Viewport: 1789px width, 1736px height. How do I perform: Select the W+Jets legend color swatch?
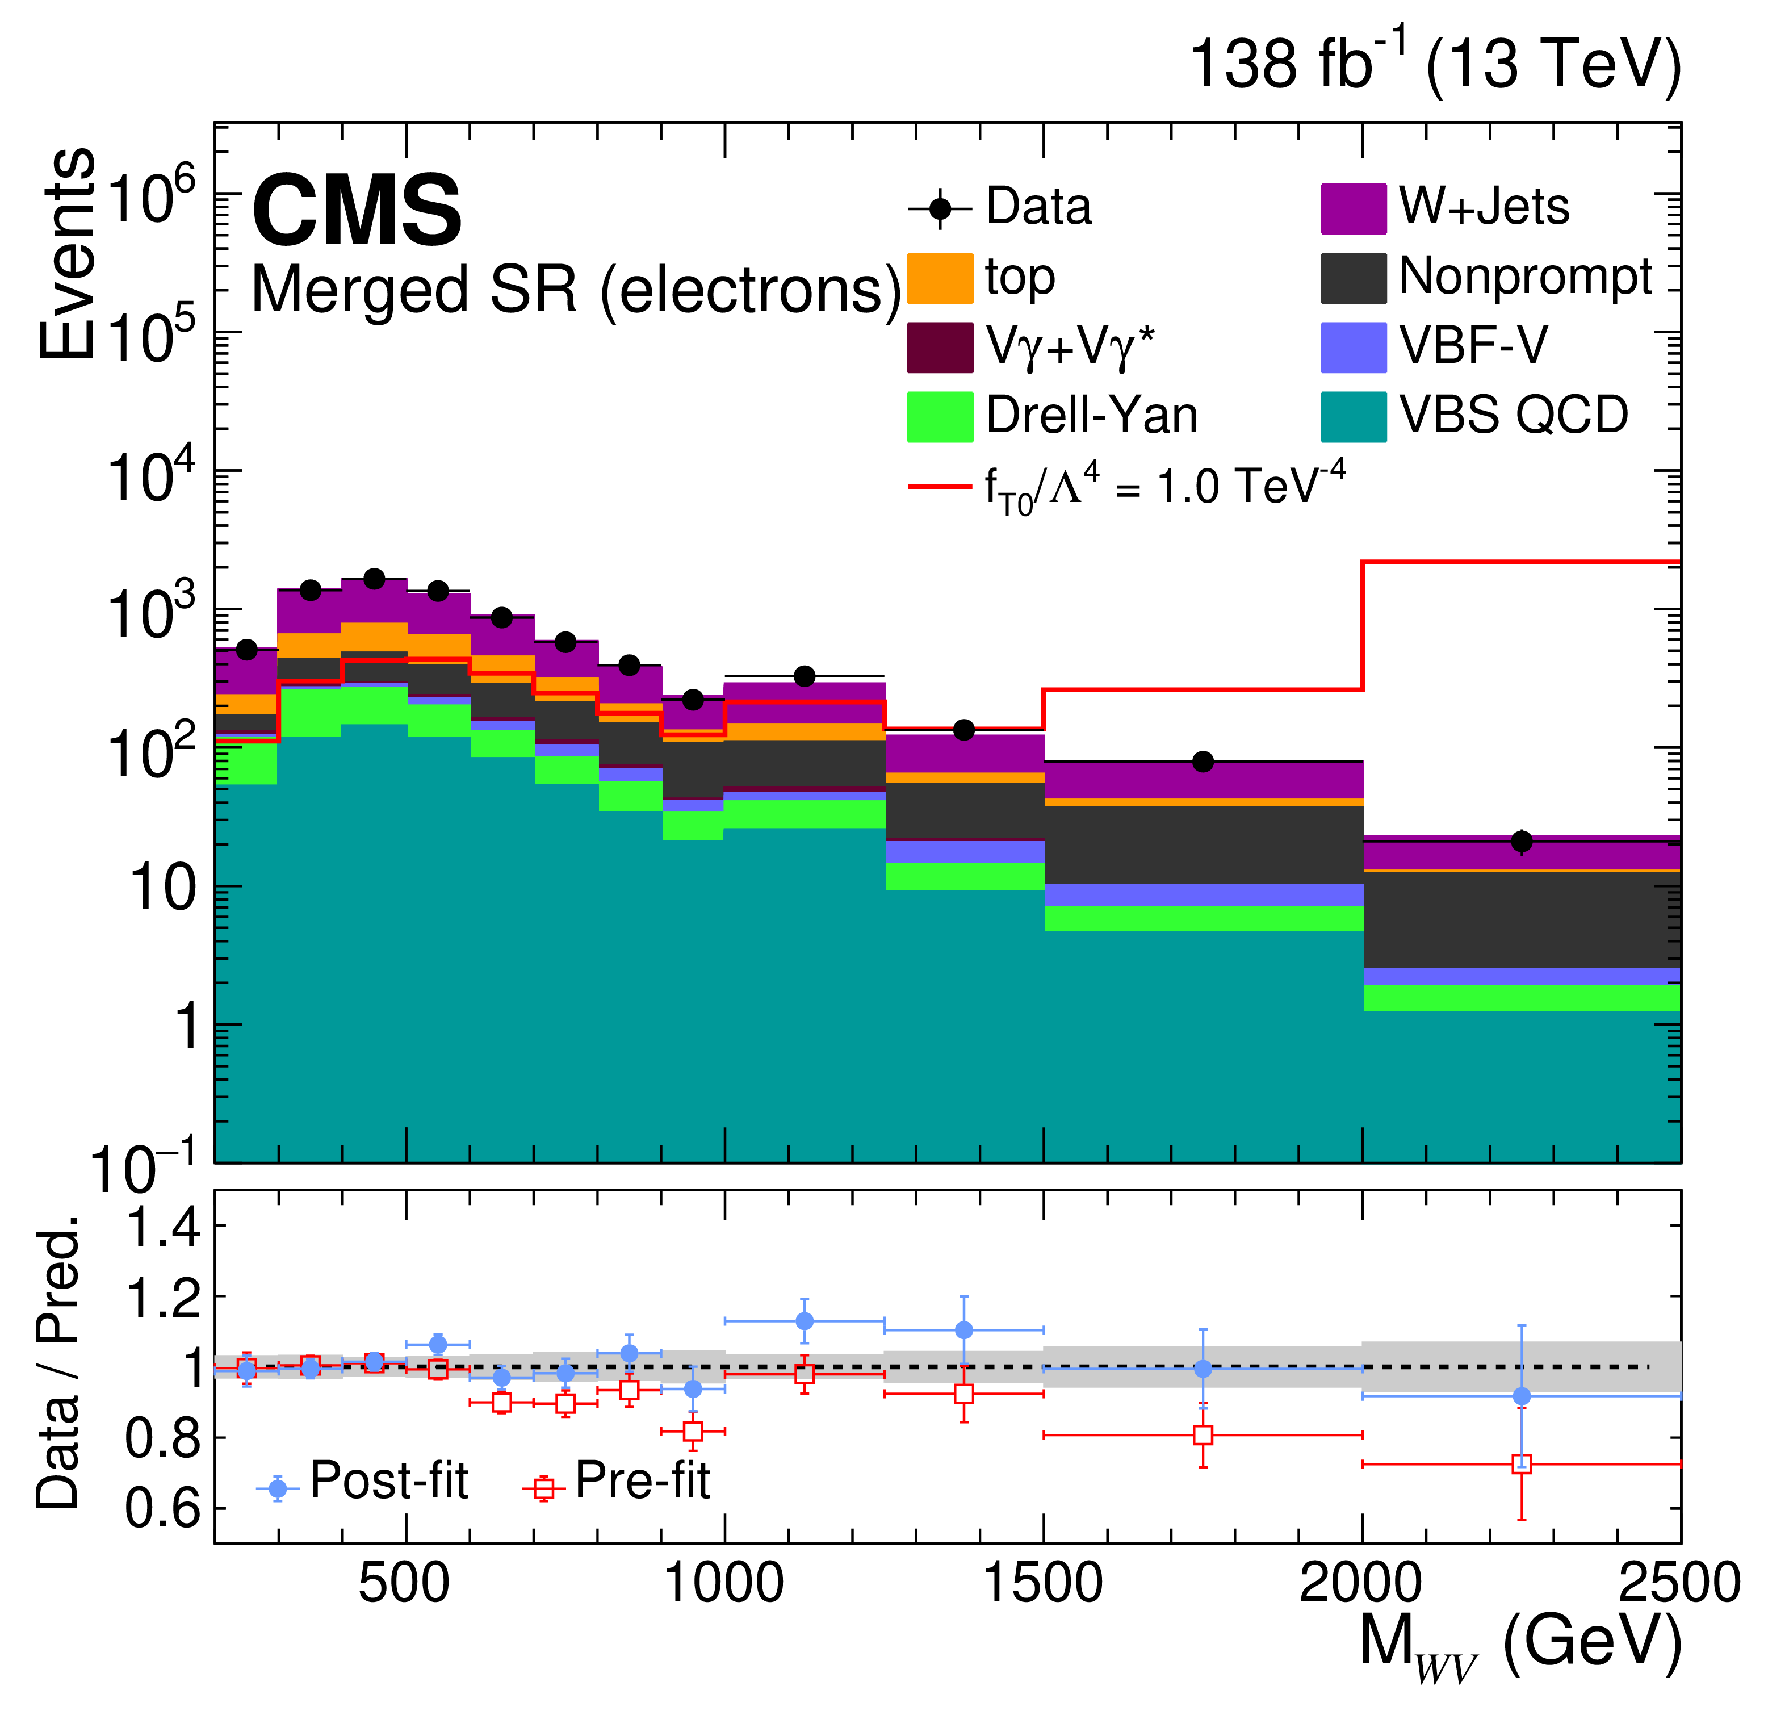[x=1354, y=209]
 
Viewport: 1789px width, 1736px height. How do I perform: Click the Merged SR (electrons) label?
[x=576, y=290]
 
